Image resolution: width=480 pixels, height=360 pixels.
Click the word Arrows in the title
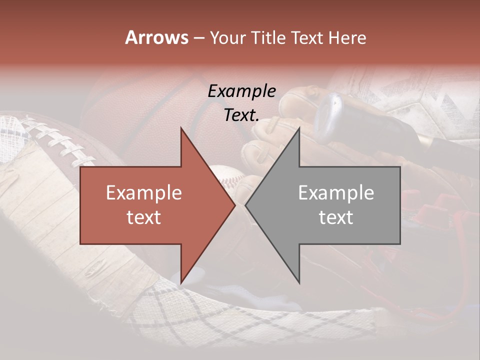pos(156,37)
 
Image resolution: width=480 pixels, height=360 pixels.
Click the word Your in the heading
pos(229,38)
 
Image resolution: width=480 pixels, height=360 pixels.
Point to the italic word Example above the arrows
pos(241,91)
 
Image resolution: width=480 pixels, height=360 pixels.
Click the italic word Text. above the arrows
pos(241,115)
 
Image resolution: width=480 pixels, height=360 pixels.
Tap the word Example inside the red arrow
pos(144,193)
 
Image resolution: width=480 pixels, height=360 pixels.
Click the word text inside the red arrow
pos(144,217)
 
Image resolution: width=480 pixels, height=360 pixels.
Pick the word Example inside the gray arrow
pos(336,193)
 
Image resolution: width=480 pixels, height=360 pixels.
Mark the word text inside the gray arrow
pos(336,217)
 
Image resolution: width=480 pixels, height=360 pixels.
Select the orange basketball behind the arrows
pos(150,110)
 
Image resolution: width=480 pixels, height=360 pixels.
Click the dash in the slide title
pos(198,38)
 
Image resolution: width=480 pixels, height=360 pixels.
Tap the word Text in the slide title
pos(306,38)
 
